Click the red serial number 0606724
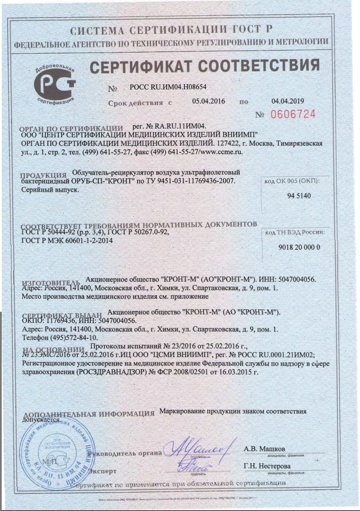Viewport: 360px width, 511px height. click(x=293, y=114)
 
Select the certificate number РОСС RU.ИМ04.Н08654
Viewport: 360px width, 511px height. click(x=168, y=87)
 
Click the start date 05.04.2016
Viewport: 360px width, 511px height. click(x=209, y=101)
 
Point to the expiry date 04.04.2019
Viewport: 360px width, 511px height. click(x=288, y=101)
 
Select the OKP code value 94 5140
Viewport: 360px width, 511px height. click(x=299, y=196)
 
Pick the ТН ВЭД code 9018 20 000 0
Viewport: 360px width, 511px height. click(x=299, y=247)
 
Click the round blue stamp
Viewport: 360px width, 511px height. click(x=56, y=453)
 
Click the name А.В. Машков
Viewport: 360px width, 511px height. click(x=264, y=449)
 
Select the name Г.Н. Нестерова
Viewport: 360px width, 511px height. click(x=267, y=466)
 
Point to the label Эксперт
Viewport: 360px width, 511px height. click(x=103, y=471)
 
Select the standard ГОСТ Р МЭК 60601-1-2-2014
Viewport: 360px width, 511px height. click(x=67, y=240)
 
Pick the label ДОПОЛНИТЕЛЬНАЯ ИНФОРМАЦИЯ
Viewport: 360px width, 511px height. click(x=89, y=414)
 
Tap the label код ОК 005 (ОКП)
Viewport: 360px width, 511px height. click(x=294, y=181)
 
